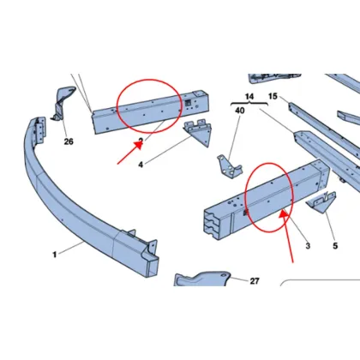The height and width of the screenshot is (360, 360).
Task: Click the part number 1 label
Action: coord(54,254)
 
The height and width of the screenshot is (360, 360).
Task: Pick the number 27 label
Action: coord(254,280)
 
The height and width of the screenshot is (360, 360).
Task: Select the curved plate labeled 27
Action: coord(201,283)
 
